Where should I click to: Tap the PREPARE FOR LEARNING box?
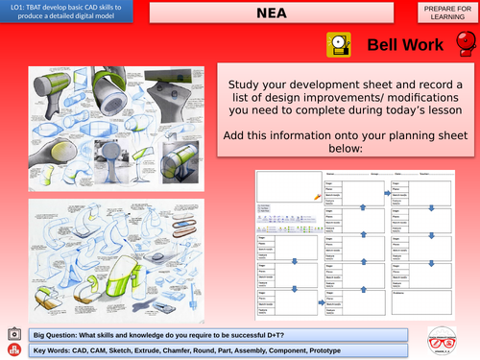click(x=445, y=12)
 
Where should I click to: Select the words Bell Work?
click(x=406, y=45)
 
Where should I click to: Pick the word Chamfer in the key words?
click(x=187, y=349)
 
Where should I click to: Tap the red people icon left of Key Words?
click(x=12, y=349)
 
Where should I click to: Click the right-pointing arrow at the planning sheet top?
click(x=388, y=192)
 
